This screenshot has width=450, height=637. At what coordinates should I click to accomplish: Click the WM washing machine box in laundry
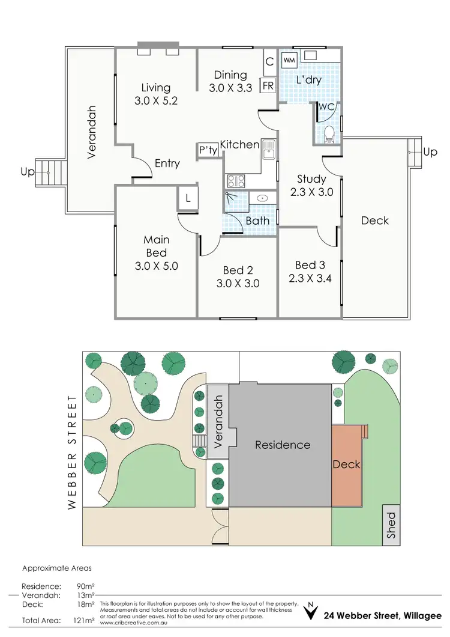pos(289,60)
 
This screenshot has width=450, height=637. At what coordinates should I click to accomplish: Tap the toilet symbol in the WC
pos(329,134)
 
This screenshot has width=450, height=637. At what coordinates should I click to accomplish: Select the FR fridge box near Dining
pos(268,86)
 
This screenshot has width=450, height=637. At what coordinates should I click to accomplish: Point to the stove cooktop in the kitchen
pos(235,181)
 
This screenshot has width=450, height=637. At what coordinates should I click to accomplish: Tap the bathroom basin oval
pos(262,198)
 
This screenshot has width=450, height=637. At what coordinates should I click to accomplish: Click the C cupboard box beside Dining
pos(269,61)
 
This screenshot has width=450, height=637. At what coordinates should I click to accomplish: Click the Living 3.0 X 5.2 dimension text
pos(156,101)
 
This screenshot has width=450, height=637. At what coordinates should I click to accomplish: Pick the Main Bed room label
pos(156,246)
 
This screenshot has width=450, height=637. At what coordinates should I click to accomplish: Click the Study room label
pos(311,179)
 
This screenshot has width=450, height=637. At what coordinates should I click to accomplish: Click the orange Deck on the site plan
pos(347,464)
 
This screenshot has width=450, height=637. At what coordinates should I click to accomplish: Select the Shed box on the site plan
pos(392,526)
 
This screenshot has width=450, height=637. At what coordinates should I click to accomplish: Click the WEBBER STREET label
pos(73,452)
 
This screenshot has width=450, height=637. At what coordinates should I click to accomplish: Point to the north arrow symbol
pos(310,614)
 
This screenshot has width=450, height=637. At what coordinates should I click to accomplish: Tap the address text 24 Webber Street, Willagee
pos(382,615)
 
